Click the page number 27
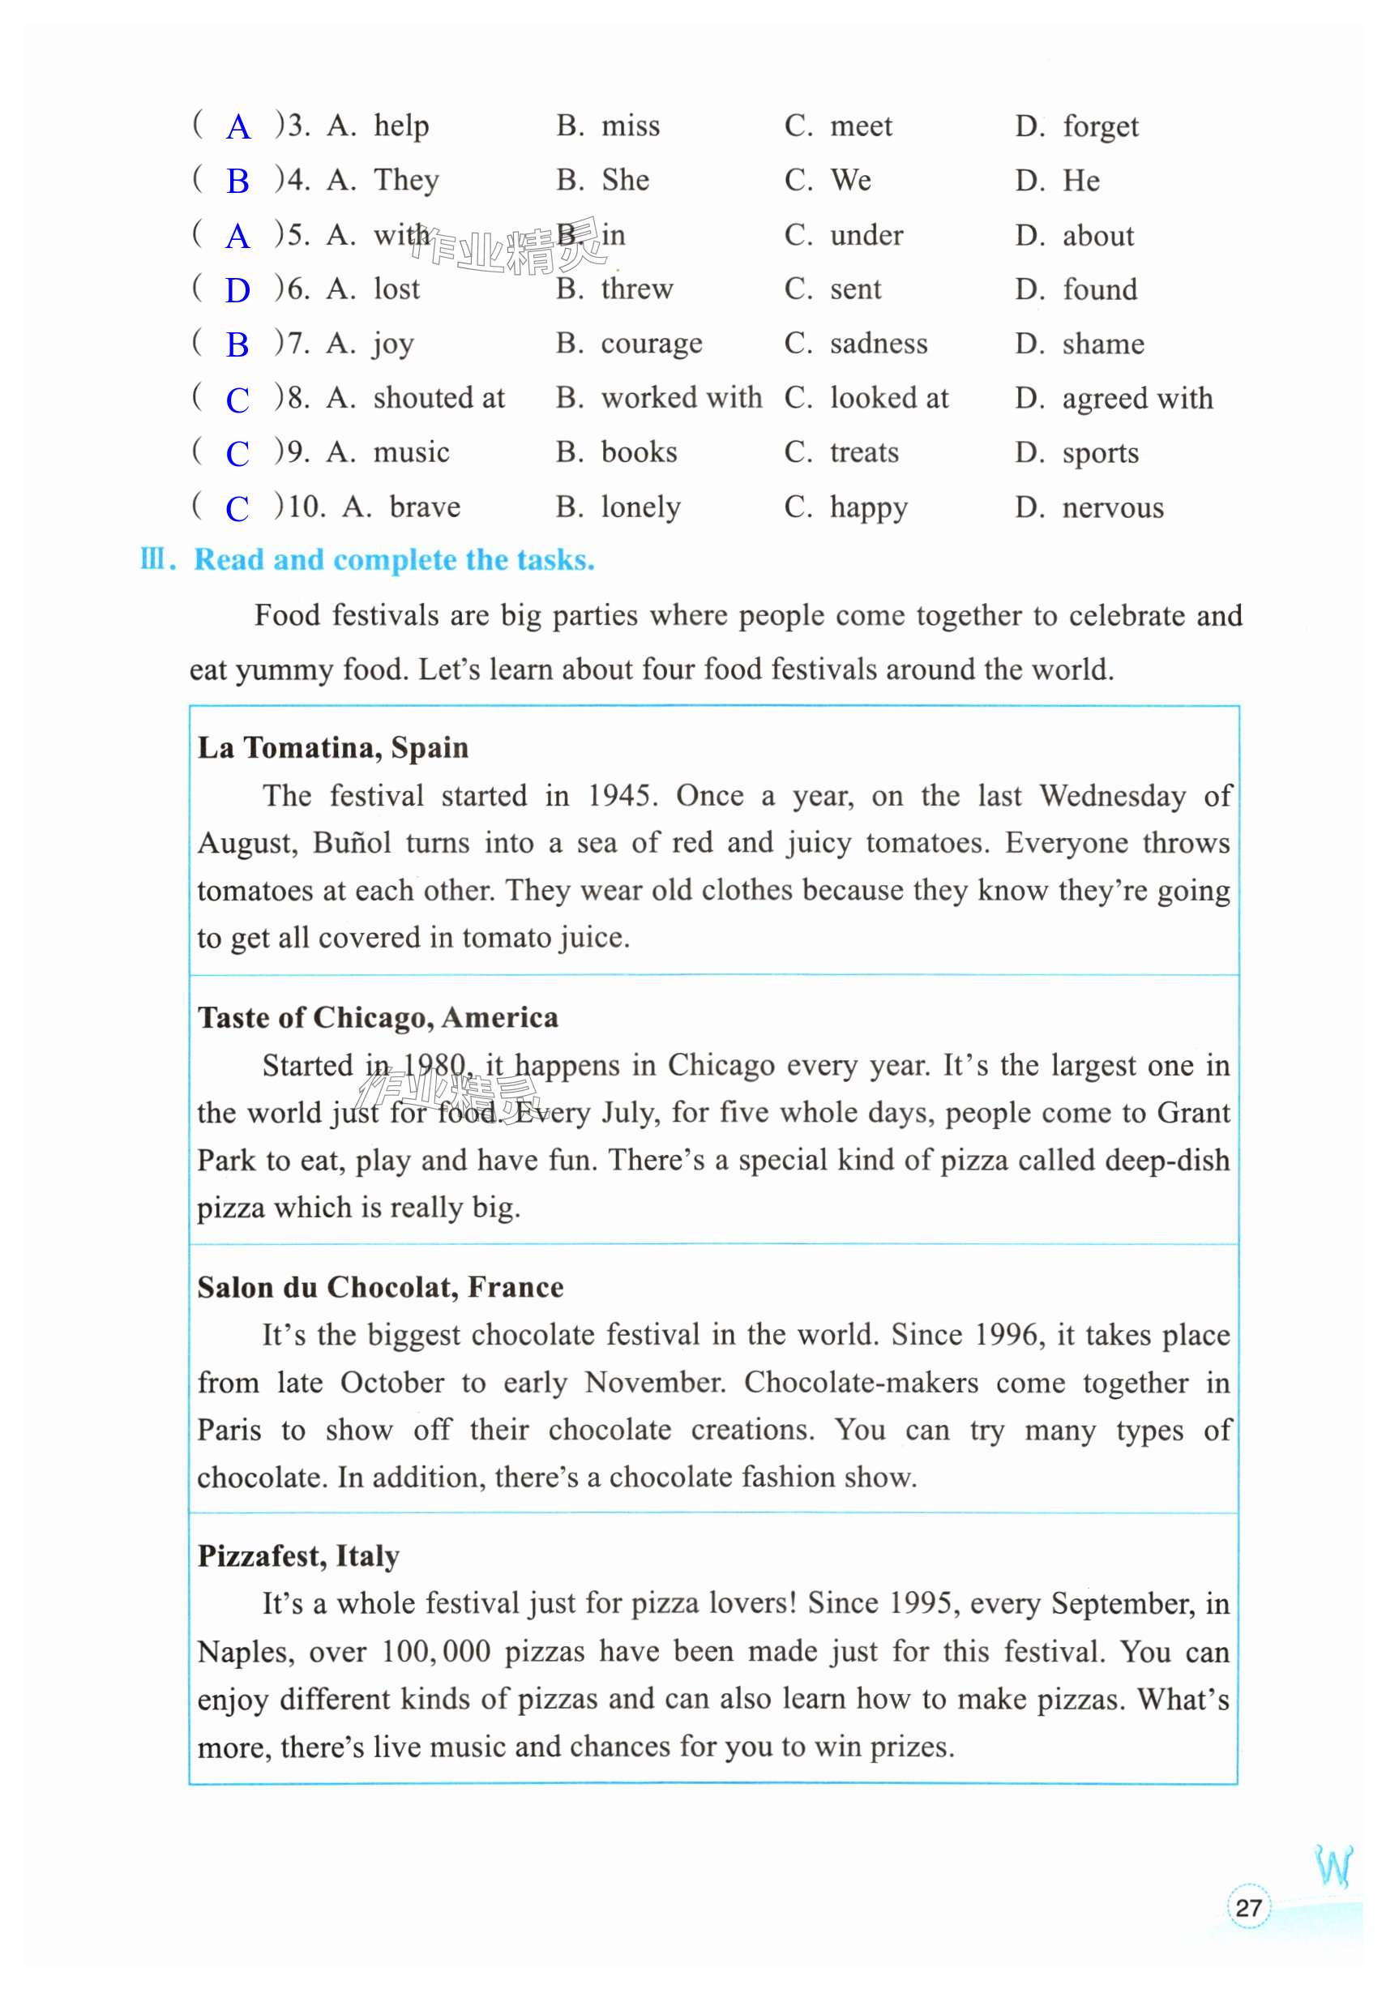[1248, 1906]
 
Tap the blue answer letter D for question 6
[237, 291]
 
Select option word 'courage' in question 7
[652, 344]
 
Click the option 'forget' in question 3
[1100, 126]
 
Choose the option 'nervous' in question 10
[1112, 507]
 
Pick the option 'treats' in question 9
[864, 452]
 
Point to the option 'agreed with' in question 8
[1136, 399]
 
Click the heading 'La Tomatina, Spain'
[332, 747]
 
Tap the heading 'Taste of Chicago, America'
[378, 1017]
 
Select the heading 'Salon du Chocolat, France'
[380, 1287]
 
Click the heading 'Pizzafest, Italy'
[298, 1556]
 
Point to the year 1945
[621, 795]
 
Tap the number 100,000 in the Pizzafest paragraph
[436, 1651]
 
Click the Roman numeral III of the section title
[153, 559]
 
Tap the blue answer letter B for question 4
[237, 182]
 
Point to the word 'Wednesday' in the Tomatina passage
[1112, 795]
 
